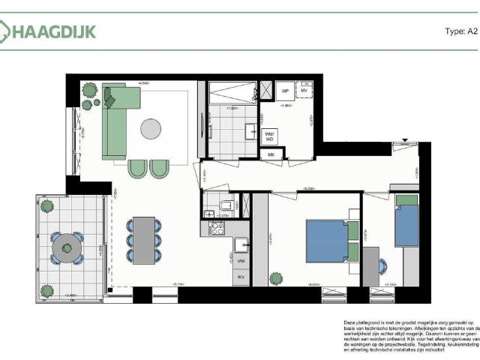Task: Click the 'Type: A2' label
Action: click(460, 31)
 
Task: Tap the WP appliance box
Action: click(285, 91)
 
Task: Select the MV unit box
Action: click(305, 91)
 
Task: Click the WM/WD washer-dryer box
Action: click(269, 136)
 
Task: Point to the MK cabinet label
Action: click(271, 154)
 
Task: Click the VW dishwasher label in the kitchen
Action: click(241, 261)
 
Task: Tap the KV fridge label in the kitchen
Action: click(241, 277)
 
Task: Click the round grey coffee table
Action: click(151, 129)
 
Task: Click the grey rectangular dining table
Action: click(144, 240)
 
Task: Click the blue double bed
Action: click(327, 241)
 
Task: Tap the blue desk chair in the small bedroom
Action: click(382, 265)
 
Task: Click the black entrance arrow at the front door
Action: click(404, 141)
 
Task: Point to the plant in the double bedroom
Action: click(275, 280)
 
